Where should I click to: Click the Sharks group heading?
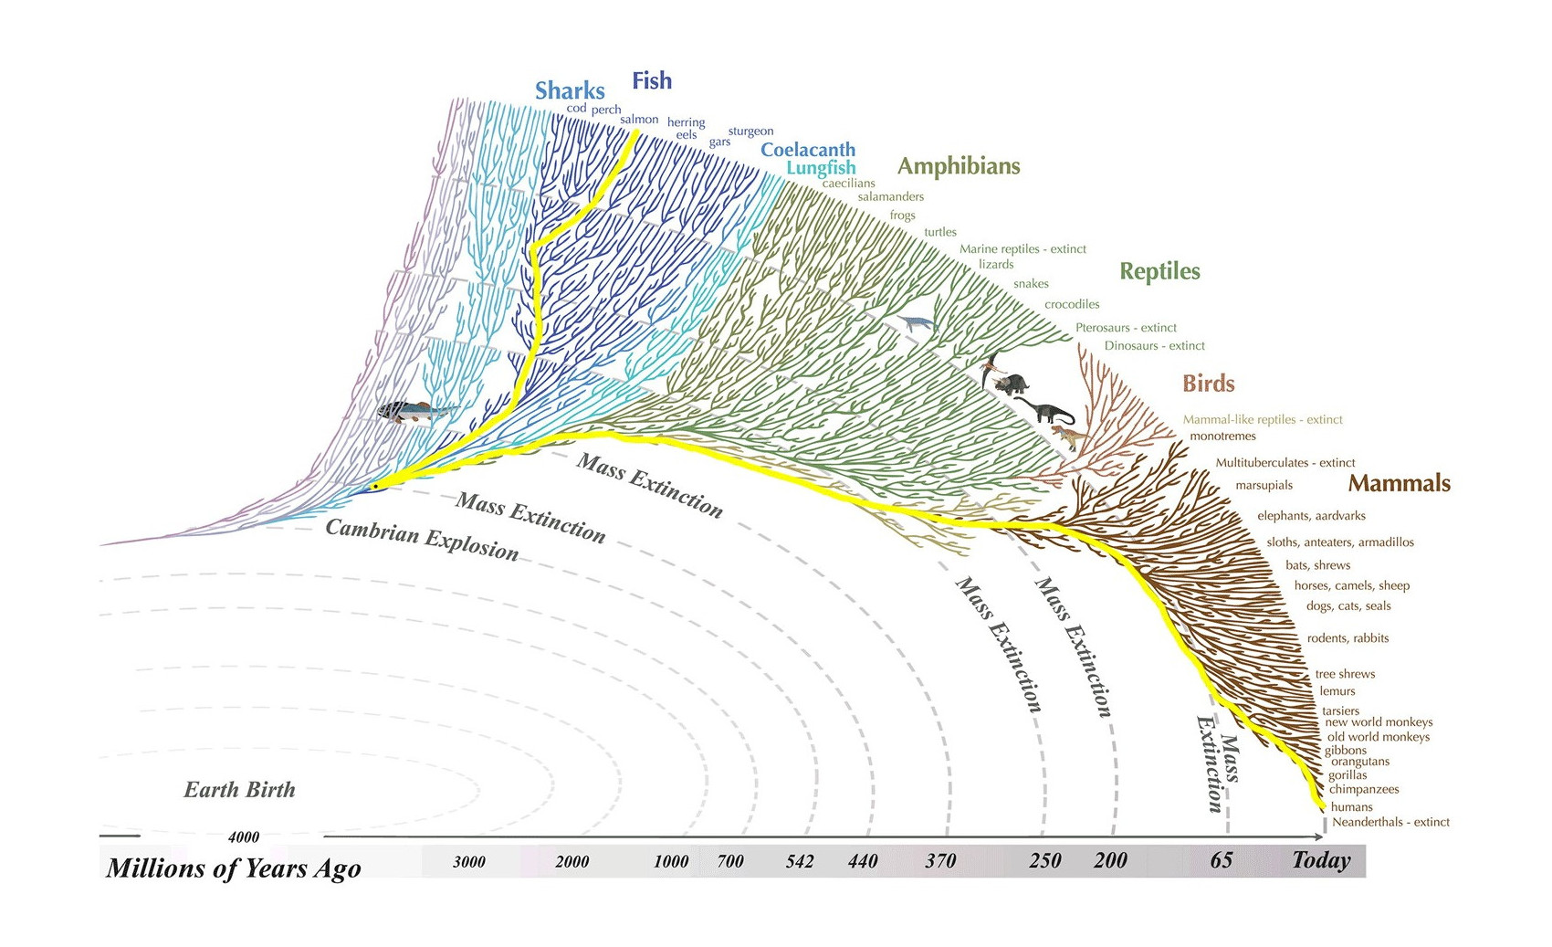pos(570,90)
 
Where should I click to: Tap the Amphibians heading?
pos(959,166)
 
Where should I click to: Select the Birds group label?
pos(1208,384)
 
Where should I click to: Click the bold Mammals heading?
pos(1399,483)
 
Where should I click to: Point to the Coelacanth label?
pos(808,150)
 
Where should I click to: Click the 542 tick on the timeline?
pos(800,861)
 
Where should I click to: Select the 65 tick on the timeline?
pos(1222,860)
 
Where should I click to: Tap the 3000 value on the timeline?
pos(469,862)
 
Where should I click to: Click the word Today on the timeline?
pos(1321,860)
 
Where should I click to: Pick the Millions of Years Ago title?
pos(234,868)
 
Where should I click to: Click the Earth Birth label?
pos(239,790)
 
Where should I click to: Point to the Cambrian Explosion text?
pos(422,540)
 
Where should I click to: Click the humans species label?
pos(1351,807)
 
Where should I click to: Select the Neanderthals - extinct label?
pos(1390,822)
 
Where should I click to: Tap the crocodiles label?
pos(1072,304)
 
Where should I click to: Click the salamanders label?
pos(890,196)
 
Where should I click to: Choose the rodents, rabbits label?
pos(1348,638)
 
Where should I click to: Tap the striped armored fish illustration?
pos(407,411)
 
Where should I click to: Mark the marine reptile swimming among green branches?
pos(917,323)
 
